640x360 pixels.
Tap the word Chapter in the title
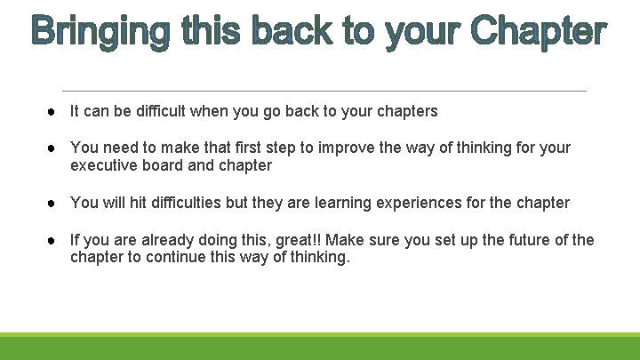point(539,33)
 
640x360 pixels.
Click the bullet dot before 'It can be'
point(55,111)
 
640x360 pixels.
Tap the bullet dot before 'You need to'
point(55,148)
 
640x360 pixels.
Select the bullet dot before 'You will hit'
point(55,203)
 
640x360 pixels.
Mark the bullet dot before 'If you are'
point(55,240)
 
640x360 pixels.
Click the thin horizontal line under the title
point(324,91)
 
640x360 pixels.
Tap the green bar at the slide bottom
point(320,346)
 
